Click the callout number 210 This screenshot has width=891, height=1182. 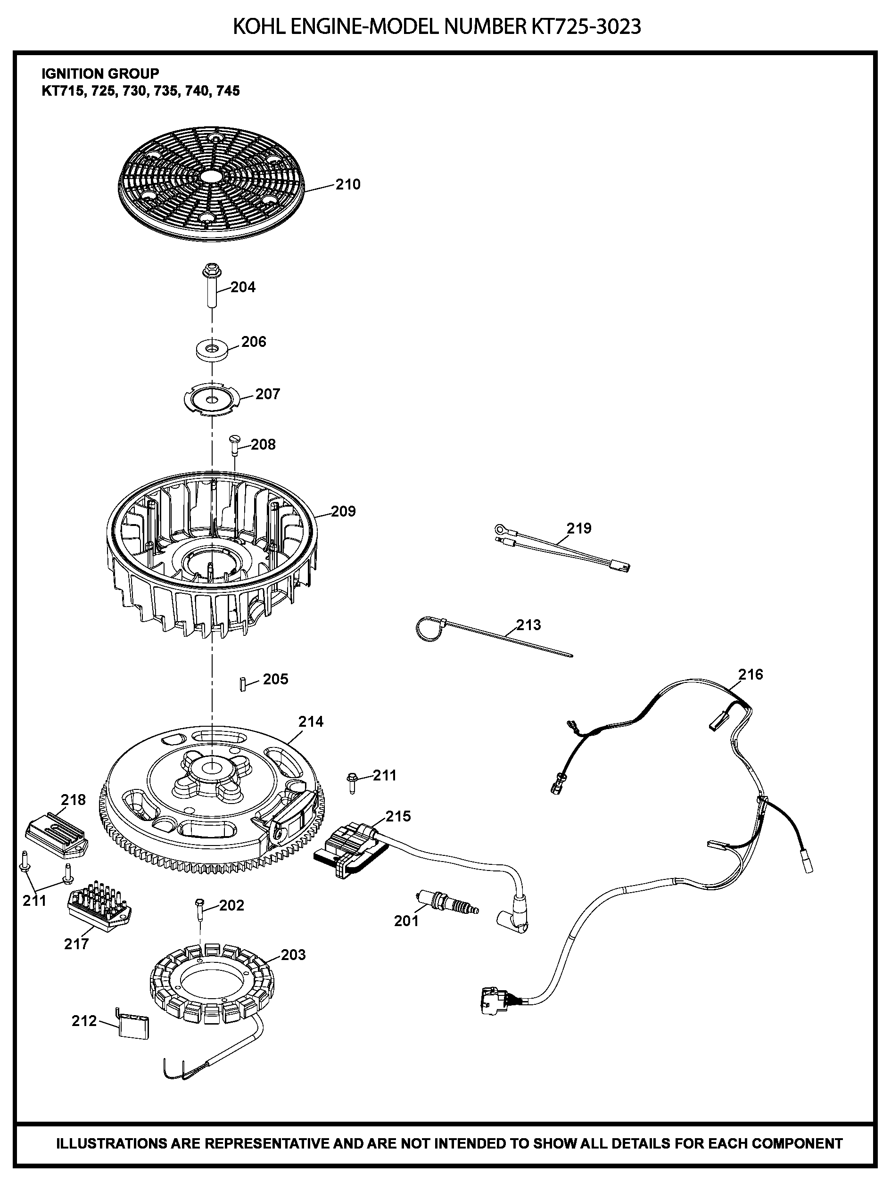pos(348,184)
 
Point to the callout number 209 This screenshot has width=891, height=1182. pos(343,511)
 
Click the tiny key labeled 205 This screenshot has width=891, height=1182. pos(243,684)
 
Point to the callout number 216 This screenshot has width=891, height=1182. pos(751,674)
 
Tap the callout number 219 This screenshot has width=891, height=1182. pos(579,528)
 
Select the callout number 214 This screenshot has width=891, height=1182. pos(311,722)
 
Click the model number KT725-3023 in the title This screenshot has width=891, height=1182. pos(586,27)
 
